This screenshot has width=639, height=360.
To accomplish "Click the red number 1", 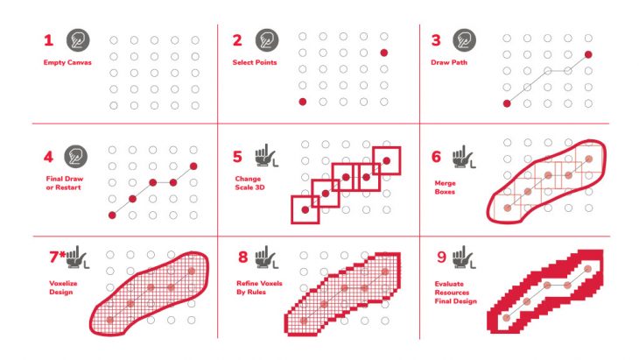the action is point(48,40).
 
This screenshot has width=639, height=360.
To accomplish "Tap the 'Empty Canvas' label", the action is point(67,62).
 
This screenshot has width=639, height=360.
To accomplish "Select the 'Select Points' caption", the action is point(255,62).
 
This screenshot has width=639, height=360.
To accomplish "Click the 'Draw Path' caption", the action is point(449,62).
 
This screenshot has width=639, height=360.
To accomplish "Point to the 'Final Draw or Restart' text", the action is point(65,183).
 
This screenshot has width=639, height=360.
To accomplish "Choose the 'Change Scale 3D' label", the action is point(249,183).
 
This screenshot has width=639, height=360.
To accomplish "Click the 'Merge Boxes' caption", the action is point(445,187).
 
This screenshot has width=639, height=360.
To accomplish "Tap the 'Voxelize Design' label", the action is point(63,287).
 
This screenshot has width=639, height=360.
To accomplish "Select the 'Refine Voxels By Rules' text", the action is point(259,287).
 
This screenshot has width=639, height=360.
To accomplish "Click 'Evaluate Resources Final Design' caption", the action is point(455,293).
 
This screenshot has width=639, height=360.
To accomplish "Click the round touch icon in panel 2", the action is point(267,40).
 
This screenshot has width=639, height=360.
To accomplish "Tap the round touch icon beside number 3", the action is point(464,40).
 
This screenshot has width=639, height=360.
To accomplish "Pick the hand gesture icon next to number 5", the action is point(266,156).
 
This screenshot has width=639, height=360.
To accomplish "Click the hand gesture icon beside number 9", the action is point(464,258).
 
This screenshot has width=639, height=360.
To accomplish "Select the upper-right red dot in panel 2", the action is point(384,53).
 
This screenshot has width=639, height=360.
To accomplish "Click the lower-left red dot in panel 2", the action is point(302,102).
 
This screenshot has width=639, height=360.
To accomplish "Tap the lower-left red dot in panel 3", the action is point(507,103).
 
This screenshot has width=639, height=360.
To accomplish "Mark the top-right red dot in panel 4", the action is point(193,166).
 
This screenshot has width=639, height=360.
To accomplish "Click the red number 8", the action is point(242,258).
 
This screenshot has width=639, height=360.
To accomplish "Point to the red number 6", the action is point(436,157).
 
